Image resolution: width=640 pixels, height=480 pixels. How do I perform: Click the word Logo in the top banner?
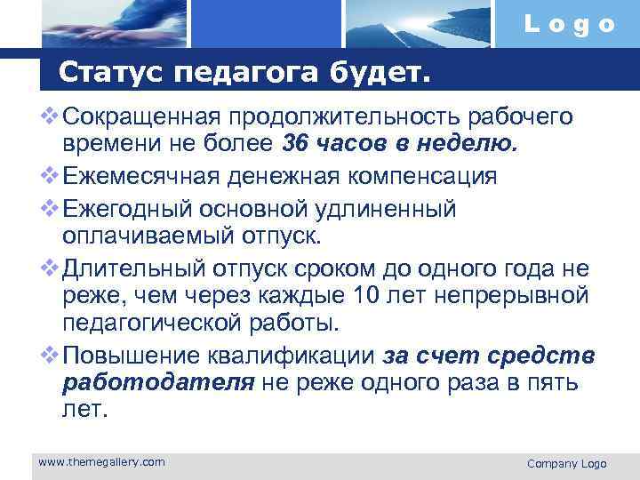(569, 25)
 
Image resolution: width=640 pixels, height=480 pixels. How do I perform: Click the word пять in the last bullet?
(551, 383)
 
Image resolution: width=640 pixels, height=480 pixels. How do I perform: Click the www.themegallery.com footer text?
(102, 461)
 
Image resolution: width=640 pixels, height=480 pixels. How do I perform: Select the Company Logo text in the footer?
(566, 463)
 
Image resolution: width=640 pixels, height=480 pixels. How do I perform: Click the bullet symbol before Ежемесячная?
(50, 176)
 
